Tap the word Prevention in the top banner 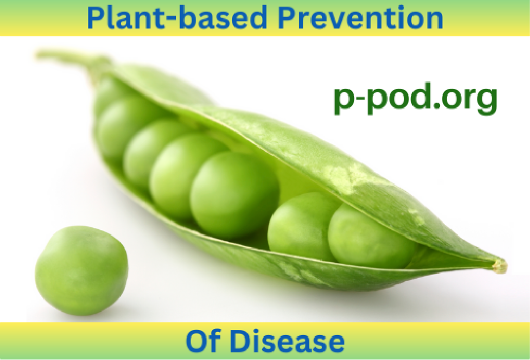click(360, 17)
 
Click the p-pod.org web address click(416, 98)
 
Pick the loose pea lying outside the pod click(82, 271)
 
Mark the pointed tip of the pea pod click(502, 265)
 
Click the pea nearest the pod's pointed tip click(372, 236)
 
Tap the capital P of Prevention click(288, 17)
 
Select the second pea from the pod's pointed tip click(302, 226)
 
